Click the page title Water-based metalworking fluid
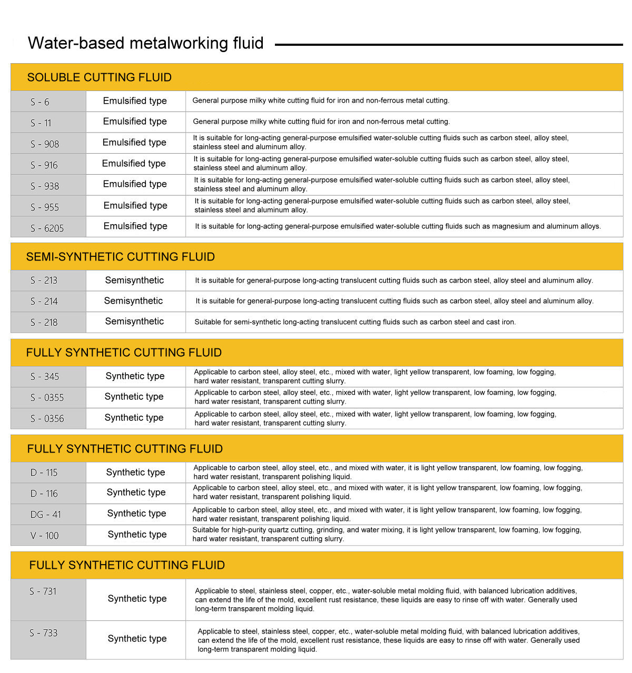[145, 43]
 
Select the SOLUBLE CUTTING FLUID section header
[99, 77]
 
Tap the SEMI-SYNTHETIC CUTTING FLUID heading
[120, 257]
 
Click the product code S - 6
[40, 102]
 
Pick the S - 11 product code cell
[41, 123]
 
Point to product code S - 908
[45, 144]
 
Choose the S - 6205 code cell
[47, 228]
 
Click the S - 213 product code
[44, 280]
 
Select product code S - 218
[44, 323]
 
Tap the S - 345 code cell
[45, 377]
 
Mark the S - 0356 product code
[47, 419]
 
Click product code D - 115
[44, 473]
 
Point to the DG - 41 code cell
[46, 515]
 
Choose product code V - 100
[45, 536]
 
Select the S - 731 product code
[43, 591]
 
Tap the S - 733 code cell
[43, 633]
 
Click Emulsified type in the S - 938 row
[135, 184]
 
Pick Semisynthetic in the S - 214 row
[133, 301]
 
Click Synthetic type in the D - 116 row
[136, 493]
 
